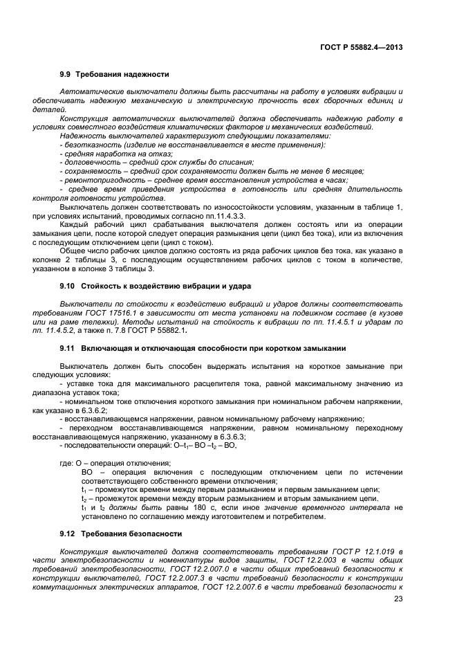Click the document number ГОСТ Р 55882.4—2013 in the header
(362, 47)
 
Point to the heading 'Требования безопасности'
(131, 534)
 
